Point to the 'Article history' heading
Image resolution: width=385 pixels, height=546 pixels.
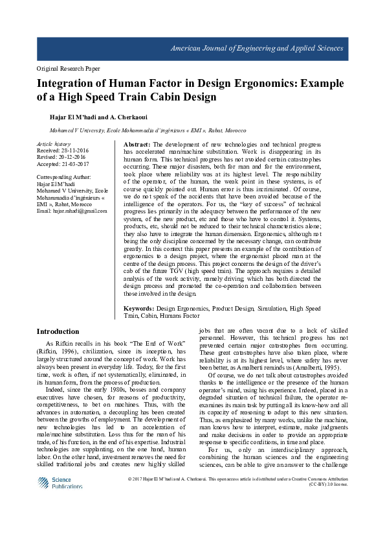[x=54, y=144]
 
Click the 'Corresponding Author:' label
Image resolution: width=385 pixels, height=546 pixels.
[x=64, y=176]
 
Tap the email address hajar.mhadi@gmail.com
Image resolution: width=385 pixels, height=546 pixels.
[x=72, y=211]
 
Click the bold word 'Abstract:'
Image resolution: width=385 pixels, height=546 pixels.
[x=137, y=144]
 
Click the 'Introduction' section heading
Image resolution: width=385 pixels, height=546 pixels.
[x=58, y=331]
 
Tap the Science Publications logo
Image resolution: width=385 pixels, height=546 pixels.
[x=60, y=483]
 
